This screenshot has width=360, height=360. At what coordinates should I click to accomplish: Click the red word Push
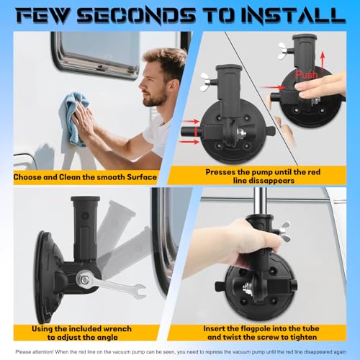306,75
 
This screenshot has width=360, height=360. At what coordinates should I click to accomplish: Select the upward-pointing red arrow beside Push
323,63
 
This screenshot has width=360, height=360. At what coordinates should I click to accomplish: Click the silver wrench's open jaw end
140,290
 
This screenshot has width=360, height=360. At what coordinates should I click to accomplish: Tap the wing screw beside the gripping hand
285,231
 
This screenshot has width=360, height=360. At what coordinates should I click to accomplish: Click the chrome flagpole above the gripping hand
258,202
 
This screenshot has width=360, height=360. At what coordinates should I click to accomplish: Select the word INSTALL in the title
293,16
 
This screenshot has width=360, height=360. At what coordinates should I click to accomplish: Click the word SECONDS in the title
136,16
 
